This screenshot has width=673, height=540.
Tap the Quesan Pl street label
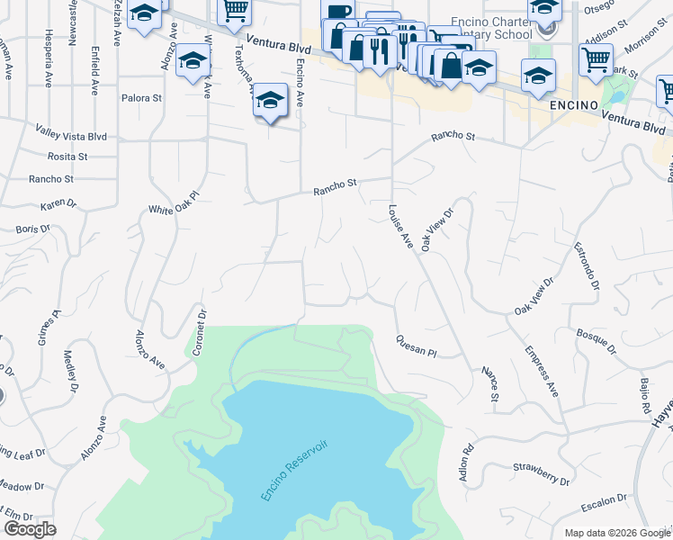coord(415,346)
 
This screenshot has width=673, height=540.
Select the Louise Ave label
coord(400,228)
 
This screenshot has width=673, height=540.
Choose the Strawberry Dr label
coord(542,474)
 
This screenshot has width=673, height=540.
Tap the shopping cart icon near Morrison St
coord(595,60)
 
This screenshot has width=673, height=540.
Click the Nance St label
coord(491,383)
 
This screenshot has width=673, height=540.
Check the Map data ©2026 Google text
coord(617,533)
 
